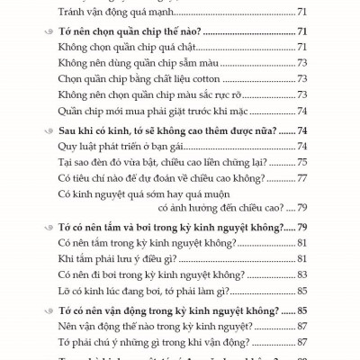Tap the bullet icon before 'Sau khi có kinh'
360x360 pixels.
47,130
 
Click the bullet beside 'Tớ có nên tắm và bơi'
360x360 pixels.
47,226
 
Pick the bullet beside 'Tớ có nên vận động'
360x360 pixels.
47,308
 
